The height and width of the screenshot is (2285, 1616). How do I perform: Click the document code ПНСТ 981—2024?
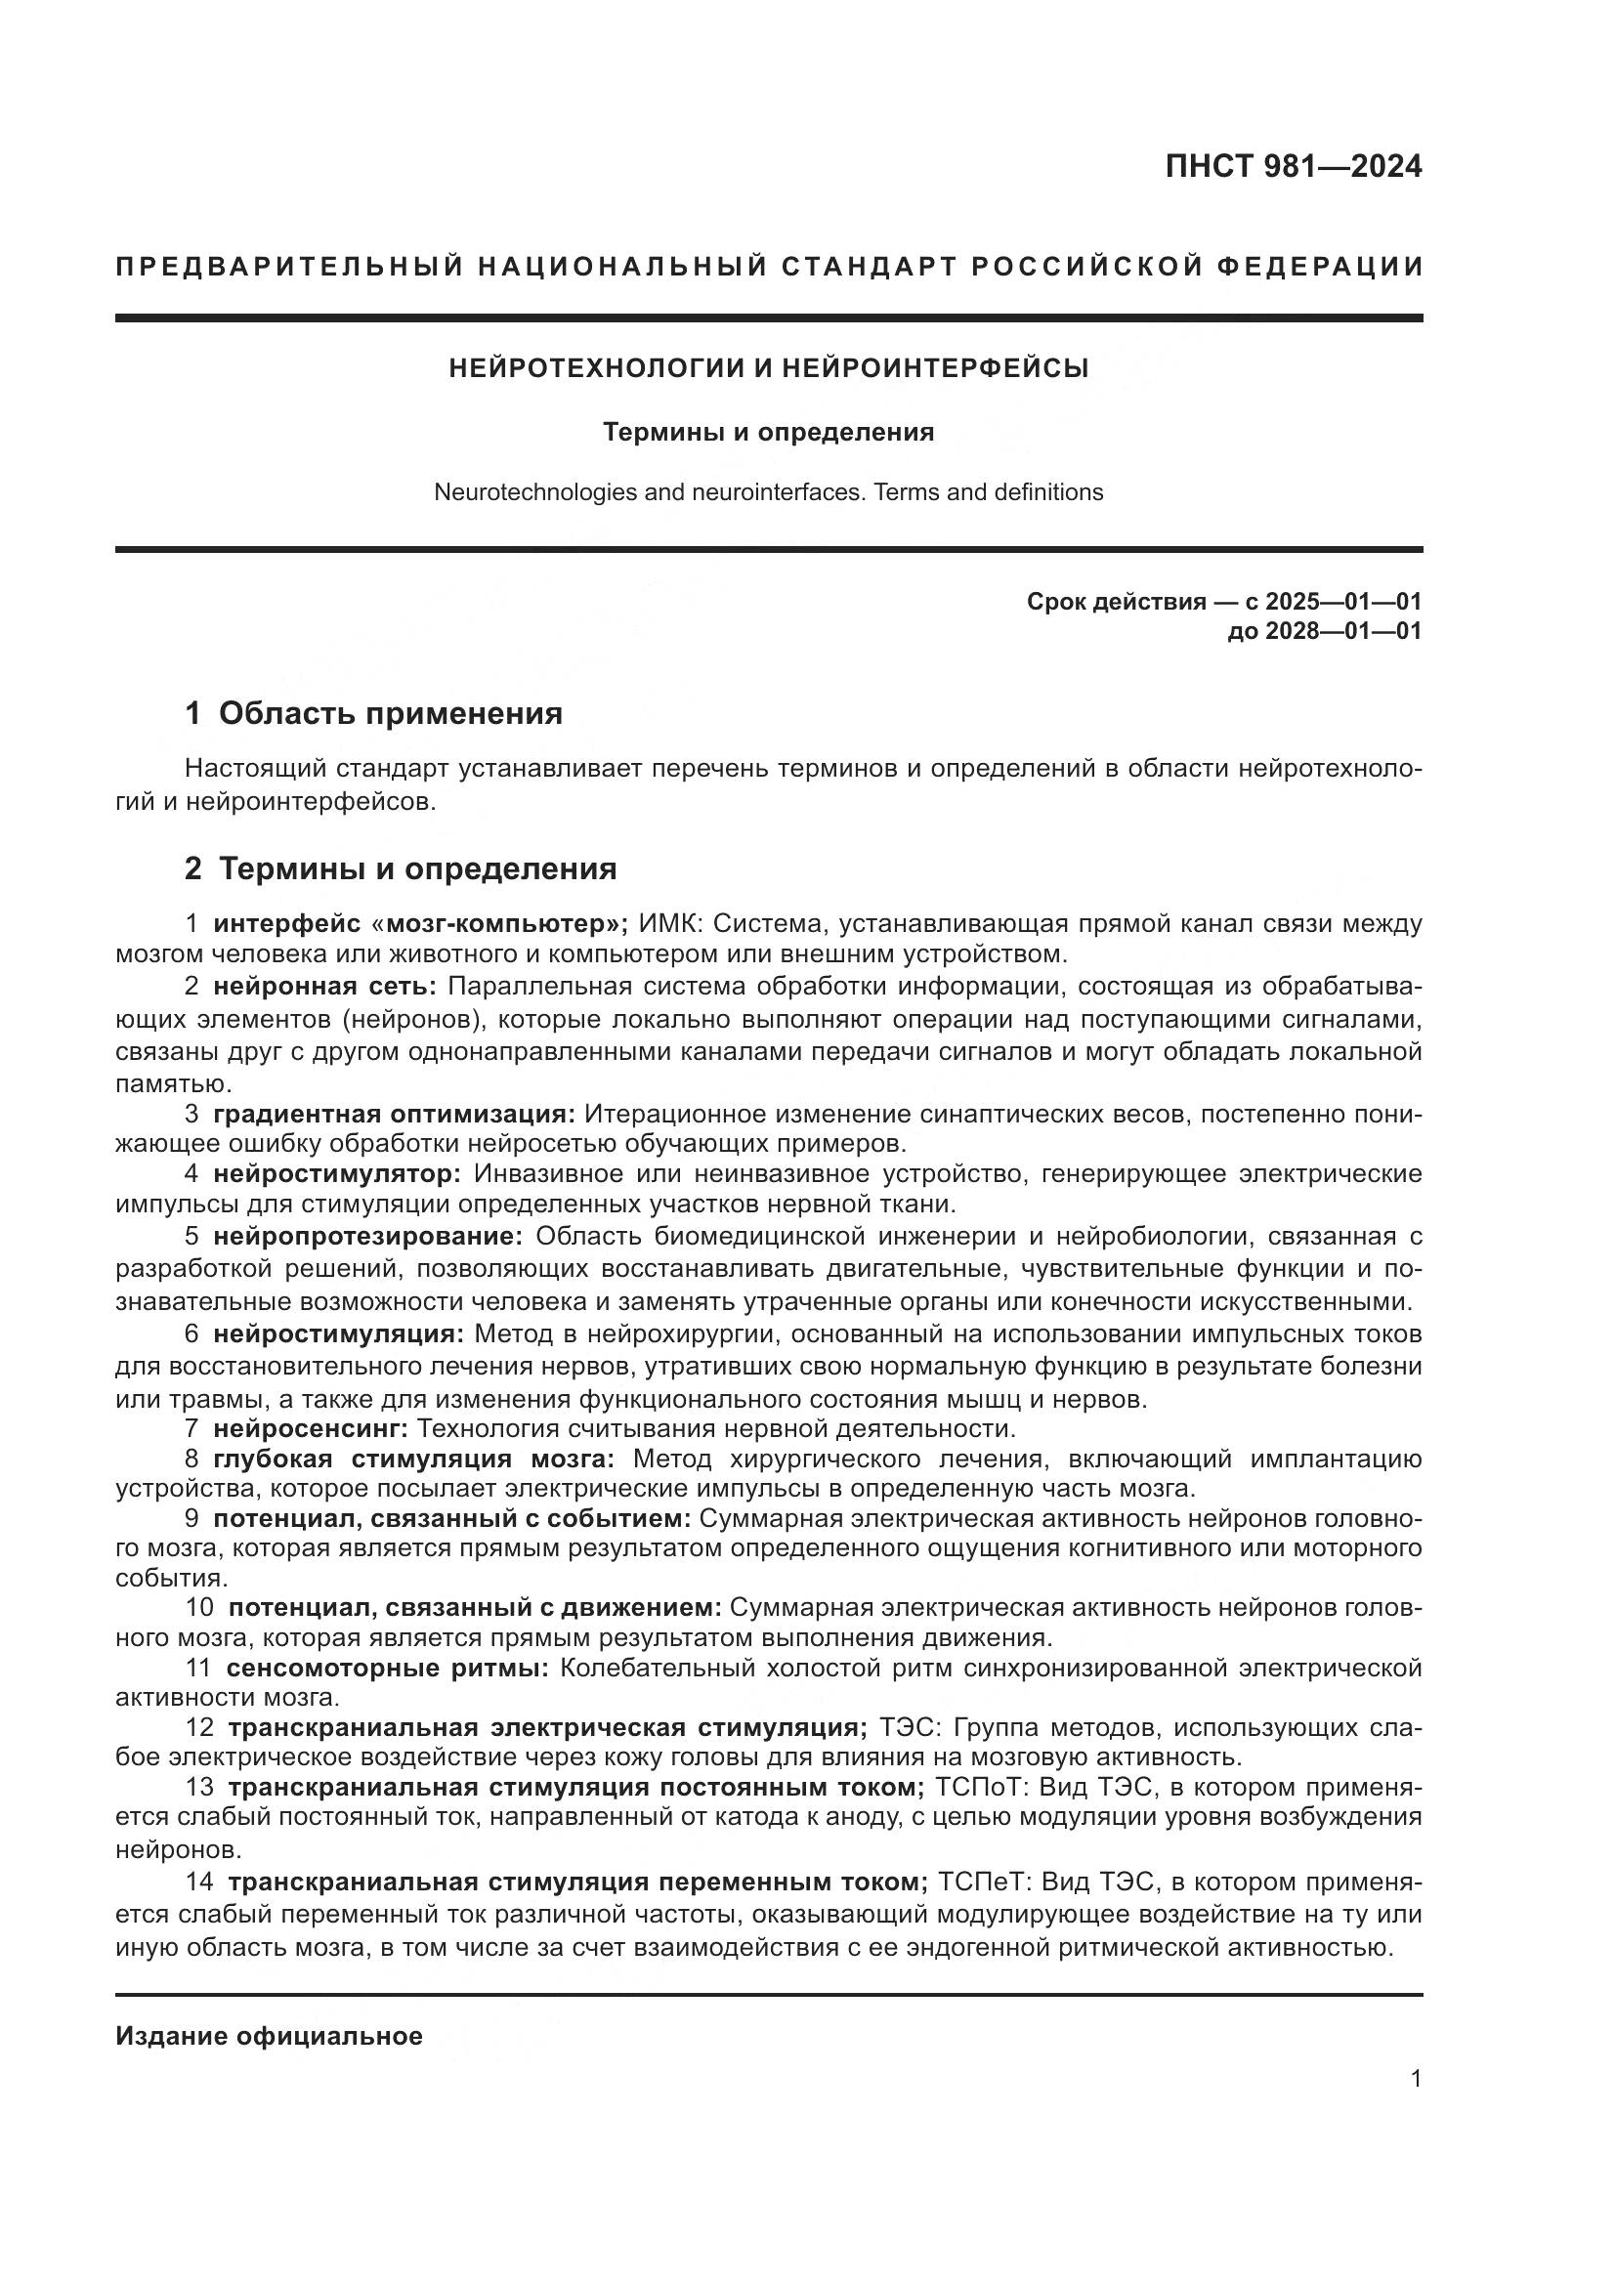tap(1293, 167)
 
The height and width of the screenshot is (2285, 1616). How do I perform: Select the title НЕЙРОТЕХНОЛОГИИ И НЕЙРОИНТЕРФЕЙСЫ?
tap(768, 368)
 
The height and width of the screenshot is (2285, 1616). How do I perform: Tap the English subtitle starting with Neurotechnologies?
tap(768, 491)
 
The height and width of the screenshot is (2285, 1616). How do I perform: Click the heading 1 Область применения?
tap(374, 713)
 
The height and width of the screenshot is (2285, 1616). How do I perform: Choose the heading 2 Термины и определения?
tap(401, 868)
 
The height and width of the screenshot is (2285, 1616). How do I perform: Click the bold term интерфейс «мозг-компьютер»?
tap(419, 923)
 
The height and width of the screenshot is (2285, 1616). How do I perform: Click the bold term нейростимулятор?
tap(337, 1173)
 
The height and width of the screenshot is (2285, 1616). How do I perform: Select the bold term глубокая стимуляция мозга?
tap(414, 1459)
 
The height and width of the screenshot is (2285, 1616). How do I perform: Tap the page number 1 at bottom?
tap(1415, 2079)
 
